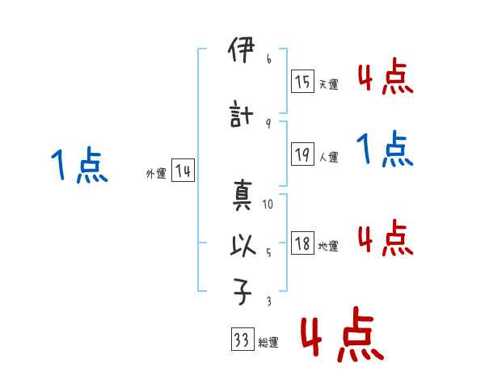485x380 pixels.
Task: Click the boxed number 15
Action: point(302,82)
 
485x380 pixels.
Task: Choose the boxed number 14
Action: point(183,171)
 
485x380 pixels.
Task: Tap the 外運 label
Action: point(155,174)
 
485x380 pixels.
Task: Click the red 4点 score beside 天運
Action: point(386,77)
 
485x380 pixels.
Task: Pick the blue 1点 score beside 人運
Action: point(386,150)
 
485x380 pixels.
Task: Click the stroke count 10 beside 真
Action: point(268,205)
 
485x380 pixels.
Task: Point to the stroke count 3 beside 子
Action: point(268,302)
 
